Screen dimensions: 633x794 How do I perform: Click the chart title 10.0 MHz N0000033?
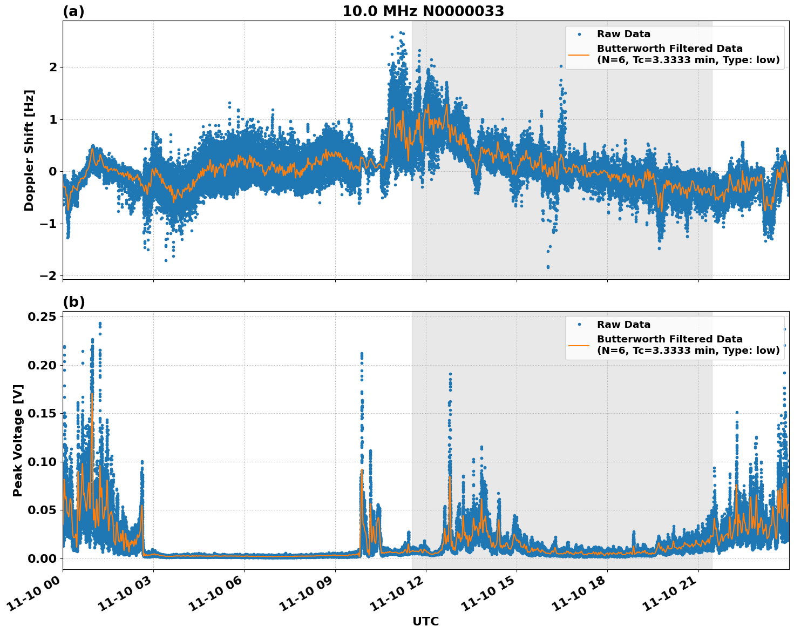(x=423, y=11)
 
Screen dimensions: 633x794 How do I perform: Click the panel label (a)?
(x=73, y=11)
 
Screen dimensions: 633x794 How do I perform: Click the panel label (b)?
(x=73, y=302)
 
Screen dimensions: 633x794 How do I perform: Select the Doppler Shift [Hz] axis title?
(x=29, y=150)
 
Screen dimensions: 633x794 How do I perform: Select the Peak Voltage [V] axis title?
(x=18, y=440)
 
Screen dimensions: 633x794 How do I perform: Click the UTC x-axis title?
(x=425, y=621)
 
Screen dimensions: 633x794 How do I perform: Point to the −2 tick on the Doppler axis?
(x=48, y=275)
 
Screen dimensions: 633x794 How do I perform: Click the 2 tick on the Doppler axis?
(x=53, y=67)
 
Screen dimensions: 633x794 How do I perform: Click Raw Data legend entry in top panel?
(x=623, y=35)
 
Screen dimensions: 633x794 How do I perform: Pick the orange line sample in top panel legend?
(x=579, y=55)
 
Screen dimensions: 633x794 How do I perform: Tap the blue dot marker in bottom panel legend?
(x=579, y=325)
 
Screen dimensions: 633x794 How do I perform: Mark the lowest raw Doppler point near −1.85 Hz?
(x=548, y=267)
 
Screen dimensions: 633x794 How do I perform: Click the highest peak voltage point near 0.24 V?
(x=100, y=324)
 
